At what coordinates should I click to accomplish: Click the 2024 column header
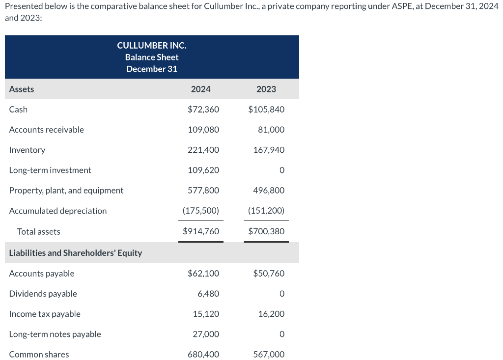[200, 89]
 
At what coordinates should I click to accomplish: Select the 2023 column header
[266, 89]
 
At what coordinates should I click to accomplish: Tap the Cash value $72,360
[203, 110]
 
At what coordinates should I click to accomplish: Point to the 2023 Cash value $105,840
[266, 110]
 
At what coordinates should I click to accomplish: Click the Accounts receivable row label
[47, 130]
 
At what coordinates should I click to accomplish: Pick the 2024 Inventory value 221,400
[203, 150]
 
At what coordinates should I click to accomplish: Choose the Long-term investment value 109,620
[203, 170]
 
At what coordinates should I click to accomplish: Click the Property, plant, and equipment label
[66, 190]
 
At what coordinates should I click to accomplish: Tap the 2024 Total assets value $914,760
[201, 231]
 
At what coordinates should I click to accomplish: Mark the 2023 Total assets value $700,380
[266, 231]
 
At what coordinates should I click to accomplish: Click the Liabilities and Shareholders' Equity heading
[76, 253]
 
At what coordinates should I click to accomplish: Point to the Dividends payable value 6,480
[208, 294]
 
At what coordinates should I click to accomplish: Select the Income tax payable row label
[45, 314]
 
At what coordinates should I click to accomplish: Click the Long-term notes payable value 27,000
[207, 334]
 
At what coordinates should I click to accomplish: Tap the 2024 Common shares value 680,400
[203, 354]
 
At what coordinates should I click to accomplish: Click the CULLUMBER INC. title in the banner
[152, 45]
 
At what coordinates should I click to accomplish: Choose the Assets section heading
[22, 89]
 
